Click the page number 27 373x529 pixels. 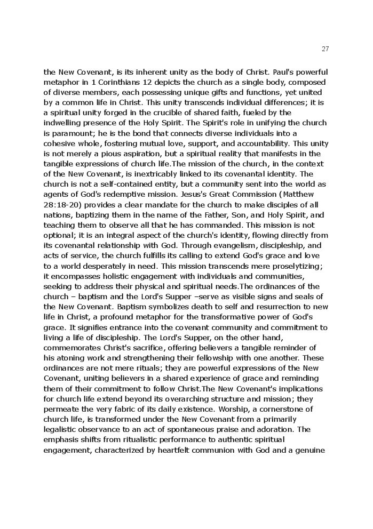tap(326, 49)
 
